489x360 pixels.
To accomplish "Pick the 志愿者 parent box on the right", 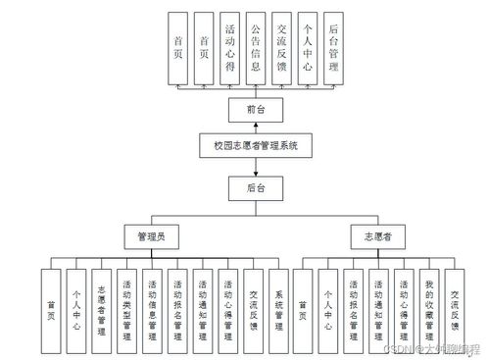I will (377, 236).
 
